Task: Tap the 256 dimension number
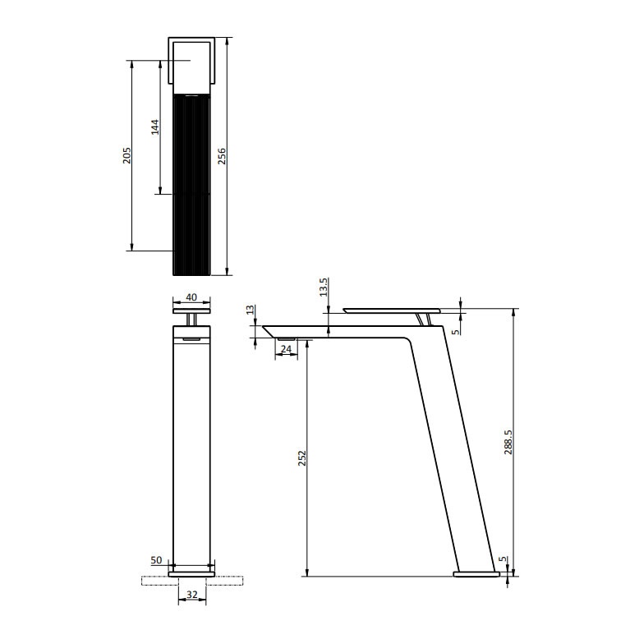(x=222, y=155)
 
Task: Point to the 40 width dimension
(x=191, y=297)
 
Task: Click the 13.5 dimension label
(x=324, y=287)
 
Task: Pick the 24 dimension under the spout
(x=286, y=349)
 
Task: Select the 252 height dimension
(x=301, y=461)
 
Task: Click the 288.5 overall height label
(x=508, y=440)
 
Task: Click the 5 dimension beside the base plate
(x=502, y=560)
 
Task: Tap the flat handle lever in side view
(x=391, y=310)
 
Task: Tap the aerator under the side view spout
(x=287, y=338)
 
